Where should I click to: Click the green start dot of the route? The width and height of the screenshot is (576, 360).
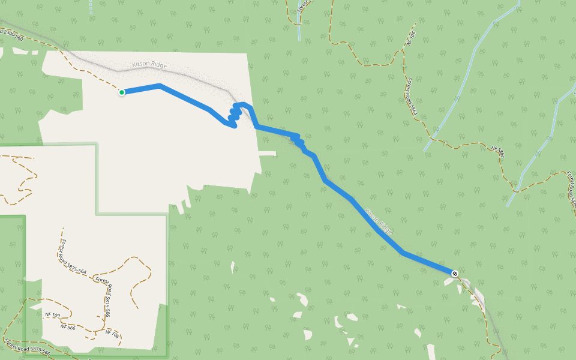click(x=122, y=92)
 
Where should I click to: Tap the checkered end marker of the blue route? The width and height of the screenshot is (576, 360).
click(x=455, y=274)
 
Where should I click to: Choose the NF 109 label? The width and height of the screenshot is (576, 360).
click(x=53, y=315)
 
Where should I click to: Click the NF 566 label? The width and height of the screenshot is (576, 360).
click(x=68, y=327)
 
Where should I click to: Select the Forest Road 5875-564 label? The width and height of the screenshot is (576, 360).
click(x=73, y=256)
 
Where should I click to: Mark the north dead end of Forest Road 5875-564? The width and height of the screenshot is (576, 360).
click(x=62, y=229)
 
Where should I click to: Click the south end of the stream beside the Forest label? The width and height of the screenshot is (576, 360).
click(x=299, y=39)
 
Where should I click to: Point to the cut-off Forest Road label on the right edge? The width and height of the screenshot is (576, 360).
click(x=570, y=189)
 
